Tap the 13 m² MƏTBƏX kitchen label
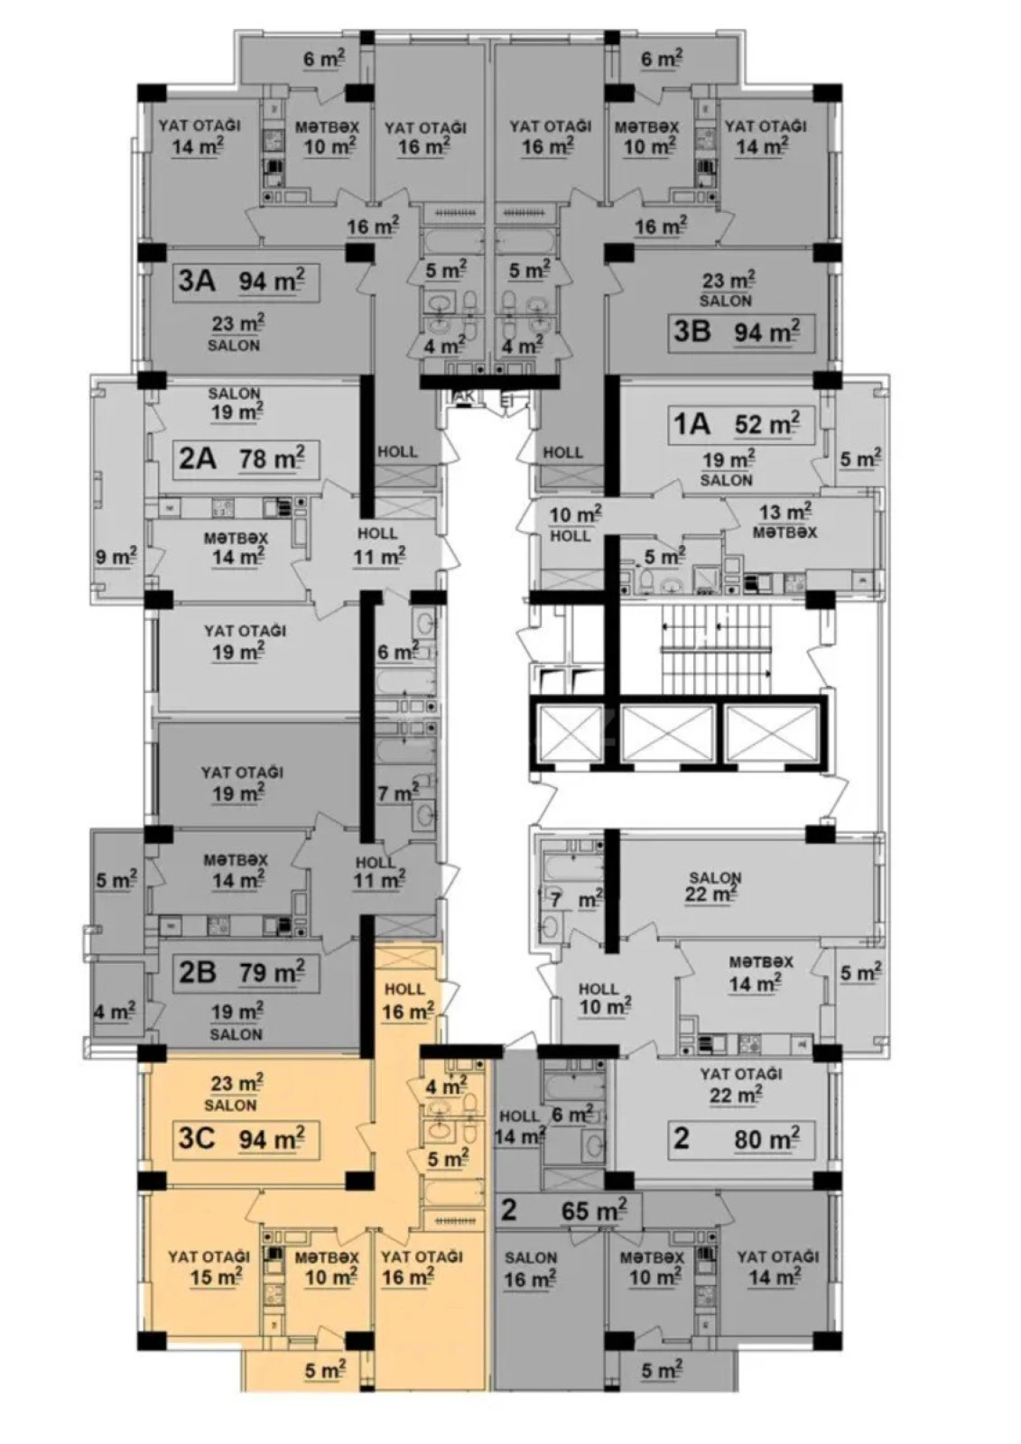784,522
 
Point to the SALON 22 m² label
714,886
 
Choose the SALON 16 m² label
530,1269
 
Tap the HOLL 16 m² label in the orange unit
405,1002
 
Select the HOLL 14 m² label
519,1127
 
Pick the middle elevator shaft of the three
668,732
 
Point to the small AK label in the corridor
466,397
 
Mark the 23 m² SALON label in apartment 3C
234,1091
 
